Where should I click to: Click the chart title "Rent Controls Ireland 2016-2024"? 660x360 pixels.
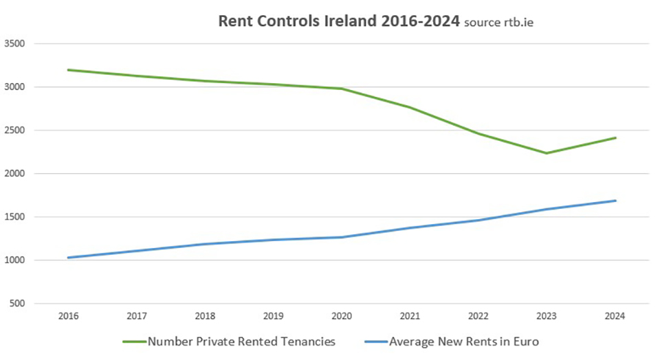(338, 21)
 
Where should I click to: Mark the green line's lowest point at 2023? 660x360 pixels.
(547, 153)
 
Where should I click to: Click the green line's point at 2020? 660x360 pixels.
(342, 89)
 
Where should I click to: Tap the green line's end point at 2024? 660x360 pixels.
(615, 138)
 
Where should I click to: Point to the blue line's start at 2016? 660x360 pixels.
(68, 258)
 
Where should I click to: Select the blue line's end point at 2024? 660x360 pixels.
(615, 201)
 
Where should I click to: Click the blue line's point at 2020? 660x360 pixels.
(342, 238)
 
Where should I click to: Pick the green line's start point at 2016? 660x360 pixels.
(68, 70)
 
